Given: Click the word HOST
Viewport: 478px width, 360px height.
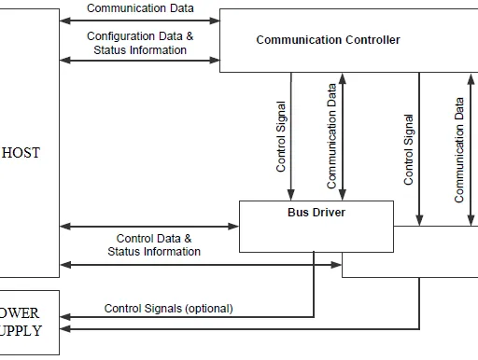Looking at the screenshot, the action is pyautogui.click(x=21, y=153).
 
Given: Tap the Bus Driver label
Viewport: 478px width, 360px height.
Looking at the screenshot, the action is pyautogui.click(x=316, y=213).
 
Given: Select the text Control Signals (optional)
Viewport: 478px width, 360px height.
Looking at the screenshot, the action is pyautogui.click(x=168, y=309).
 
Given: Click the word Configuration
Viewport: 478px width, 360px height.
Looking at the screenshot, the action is pyautogui.click(x=122, y=36).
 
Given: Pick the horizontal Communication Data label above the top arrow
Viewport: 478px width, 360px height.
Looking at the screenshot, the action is pyautogui.click(x=140, y=8).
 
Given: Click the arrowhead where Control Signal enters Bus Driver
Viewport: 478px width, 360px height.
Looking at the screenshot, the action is pyautogui.click(x=291, y=195).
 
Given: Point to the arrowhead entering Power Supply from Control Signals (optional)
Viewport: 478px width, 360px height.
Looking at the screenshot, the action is pyautogui.click(x=65, y=317).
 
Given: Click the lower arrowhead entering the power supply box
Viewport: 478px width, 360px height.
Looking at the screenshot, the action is pyautogui.click(x=65, y=329).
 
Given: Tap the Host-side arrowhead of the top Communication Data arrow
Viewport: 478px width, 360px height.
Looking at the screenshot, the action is pyautogui.click(x=65, y=21).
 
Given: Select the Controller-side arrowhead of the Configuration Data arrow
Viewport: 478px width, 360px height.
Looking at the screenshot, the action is pyautogui.click(x=215, y=61).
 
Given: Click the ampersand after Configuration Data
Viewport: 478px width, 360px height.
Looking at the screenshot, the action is pyautogui.click(x=190, y=36).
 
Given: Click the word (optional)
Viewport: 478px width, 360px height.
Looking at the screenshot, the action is pyautogui.click(x=209, y=309).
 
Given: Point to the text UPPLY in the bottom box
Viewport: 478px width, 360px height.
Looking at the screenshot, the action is pyautogui.click(x=21, y=331).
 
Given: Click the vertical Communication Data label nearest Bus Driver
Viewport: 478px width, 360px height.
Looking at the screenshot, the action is pyautogui.click(x=331, y=136).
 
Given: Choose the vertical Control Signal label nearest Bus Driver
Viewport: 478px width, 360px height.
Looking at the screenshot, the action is pyautogui.click(x=281, y=137).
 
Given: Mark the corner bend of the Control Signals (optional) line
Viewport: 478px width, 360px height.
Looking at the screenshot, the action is pyautogui.click(x=314, y=317).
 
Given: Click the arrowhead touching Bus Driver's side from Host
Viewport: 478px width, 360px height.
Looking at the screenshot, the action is pyautogui.click(x=233, y=227).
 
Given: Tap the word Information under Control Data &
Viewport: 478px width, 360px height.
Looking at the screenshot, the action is pyautogui.click(x=172, y=252).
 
